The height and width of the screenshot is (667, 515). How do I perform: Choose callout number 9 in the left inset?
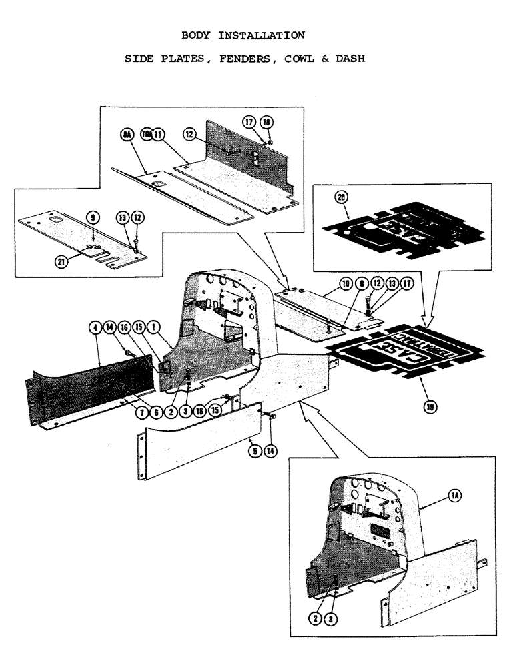pyautogui.click(x=93, y=217)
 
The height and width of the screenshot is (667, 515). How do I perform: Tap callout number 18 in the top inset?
pyautogui.click(x=267, y=122)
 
